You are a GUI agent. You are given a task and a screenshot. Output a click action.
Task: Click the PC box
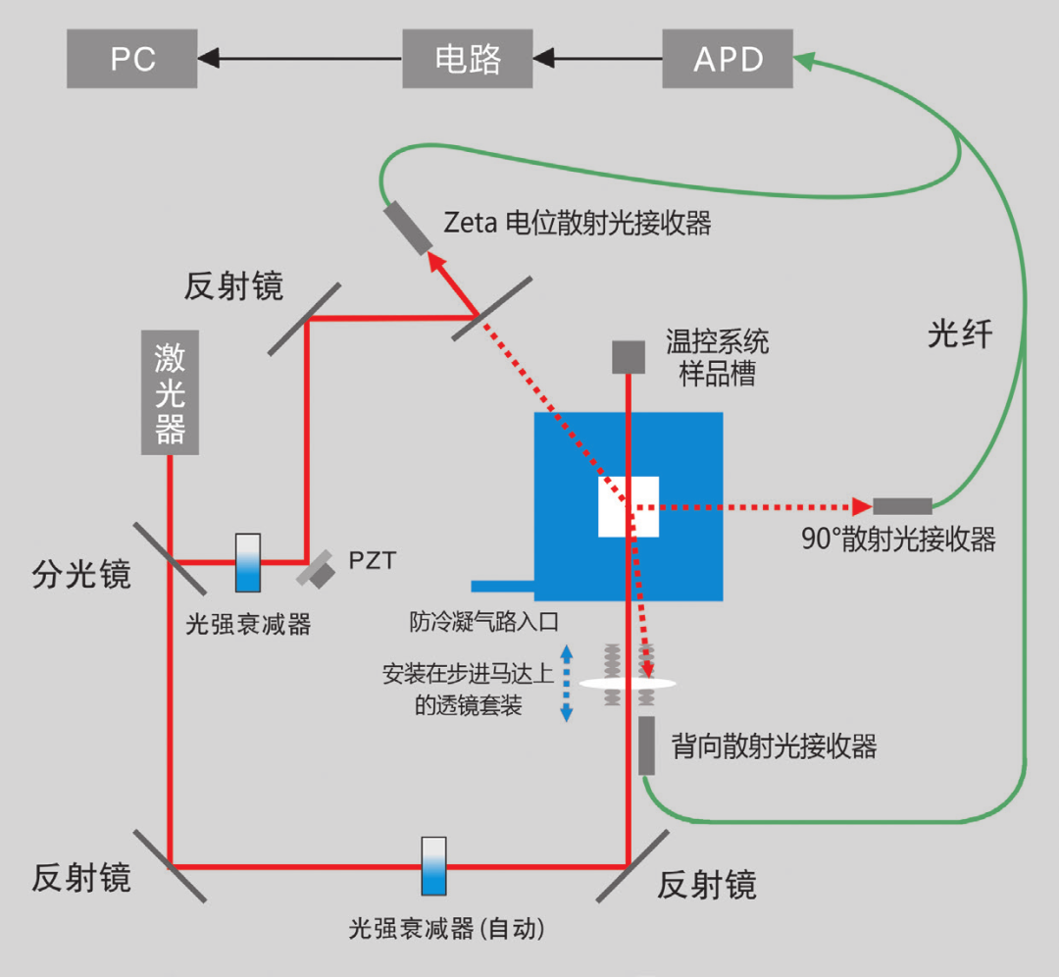(x=132, y=59)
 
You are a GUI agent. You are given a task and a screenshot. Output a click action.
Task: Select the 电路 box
(x=468, y=59)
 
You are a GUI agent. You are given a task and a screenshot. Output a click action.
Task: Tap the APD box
(x=728, y=59)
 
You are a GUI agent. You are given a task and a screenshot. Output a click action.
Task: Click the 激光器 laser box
(x=171, y=392)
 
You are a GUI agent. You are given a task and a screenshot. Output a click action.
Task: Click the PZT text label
(x=373, y=561)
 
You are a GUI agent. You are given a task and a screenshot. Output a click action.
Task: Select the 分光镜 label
(x=81, y=574)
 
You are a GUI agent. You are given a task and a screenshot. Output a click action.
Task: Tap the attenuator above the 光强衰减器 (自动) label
(x=433, y=865)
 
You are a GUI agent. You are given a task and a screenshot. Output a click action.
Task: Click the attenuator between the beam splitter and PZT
(x=248, y=562)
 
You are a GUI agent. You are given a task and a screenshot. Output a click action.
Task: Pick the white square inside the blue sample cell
(x=629, y=506)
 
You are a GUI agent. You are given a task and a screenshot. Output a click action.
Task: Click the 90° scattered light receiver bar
(x=902, y=506)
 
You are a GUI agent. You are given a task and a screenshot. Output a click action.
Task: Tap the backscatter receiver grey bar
(x=647, y=745)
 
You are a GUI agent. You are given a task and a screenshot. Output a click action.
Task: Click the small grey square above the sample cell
(x=629, y=357)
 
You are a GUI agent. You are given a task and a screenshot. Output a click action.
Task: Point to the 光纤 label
(x=960, y=335)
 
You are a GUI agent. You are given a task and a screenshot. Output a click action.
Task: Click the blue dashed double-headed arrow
(x=566, y=683)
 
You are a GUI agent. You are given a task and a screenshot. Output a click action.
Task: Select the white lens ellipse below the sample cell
(x=628, y=683)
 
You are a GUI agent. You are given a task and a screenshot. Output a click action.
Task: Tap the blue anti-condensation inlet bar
(x=502, y=587)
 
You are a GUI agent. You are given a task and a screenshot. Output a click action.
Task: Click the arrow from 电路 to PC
(x=299, y=59)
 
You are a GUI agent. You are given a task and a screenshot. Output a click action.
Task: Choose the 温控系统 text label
(x=717, y=342)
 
